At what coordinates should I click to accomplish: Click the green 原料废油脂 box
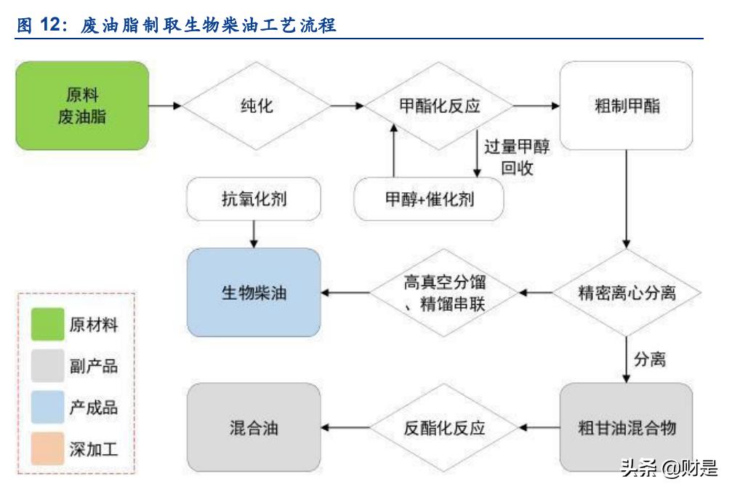point(82,106)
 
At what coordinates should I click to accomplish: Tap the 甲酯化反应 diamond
point(439,106)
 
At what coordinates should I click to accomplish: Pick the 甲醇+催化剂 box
point(429,199)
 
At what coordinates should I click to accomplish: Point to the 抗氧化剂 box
point(254,199)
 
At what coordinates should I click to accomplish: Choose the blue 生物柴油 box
point(254,293)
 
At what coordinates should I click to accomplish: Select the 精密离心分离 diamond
point(627,293)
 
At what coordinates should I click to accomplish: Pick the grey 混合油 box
point(254,427)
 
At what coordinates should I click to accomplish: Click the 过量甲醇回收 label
point(517,157)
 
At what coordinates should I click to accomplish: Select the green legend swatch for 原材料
point(47,325)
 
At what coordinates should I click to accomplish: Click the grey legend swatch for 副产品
point(47,366)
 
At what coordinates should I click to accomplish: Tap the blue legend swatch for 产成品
point(47,408)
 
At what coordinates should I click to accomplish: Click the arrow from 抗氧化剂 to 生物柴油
point(254,234)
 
